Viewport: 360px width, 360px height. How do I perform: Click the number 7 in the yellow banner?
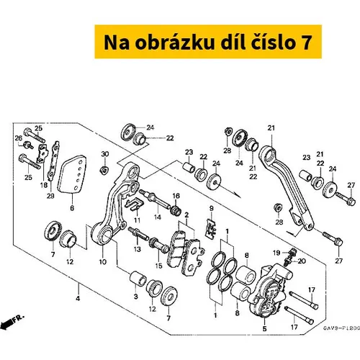click(x=305, y=42)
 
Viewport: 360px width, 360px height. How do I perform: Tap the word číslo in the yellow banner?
click(x=269, y=42)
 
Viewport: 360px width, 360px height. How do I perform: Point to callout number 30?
click(x=105, y=154)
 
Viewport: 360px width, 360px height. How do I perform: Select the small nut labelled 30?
click(x=104, y=170)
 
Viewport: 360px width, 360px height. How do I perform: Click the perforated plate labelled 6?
click(x=72, y=174)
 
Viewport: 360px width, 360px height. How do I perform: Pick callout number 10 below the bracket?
click(x=103, y=261)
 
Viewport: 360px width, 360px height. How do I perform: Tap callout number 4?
click(x=78, y=299)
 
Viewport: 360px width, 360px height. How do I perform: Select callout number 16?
click(x=176, y=196)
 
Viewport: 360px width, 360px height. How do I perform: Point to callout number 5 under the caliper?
click(x=264, y=328)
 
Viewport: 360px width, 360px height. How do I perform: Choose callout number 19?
click(x=276, y=253)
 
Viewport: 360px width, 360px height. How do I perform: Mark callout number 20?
click(x=302, y=261)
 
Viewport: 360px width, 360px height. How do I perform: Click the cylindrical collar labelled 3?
click(x=138, y=279)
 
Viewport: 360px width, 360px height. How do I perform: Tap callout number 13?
click(x=137, y=249)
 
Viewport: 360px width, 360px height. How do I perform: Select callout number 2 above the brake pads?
click(x=186, y=215)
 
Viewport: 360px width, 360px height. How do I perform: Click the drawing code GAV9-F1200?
click(x=341, y=328)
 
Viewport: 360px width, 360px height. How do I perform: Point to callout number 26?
click(x=18, y=138)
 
